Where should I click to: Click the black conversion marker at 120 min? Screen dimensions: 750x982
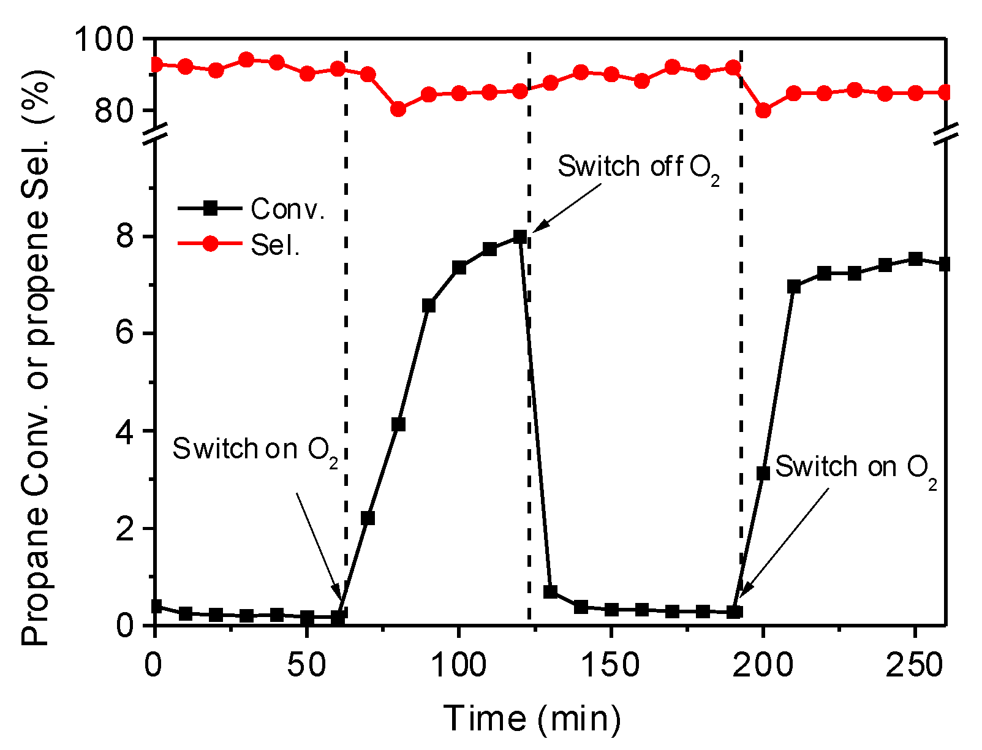click(520, 237)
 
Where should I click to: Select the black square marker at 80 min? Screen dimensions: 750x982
click(398, 425)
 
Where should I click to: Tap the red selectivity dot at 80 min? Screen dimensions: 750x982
click(398, 109)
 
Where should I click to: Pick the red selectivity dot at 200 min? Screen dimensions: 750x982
click(763, 111)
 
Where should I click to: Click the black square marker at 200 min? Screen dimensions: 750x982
click(763, 473)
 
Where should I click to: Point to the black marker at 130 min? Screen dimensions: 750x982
click(550, 592)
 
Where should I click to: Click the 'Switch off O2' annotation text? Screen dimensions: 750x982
click(638, 167)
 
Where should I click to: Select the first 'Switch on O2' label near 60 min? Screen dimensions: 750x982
click(254, 450)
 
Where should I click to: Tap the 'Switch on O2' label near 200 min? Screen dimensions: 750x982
click(855, 468)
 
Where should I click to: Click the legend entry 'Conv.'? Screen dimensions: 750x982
click(287, 210)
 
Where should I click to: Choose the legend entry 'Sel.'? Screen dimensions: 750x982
click(275, 245)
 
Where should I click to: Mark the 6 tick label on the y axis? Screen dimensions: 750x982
click(125, 334)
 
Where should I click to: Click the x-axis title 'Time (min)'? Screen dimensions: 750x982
click(532, 718)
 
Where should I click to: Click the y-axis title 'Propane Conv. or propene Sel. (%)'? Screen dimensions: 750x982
click(36, 355)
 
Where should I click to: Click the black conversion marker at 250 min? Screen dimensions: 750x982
click(915, 259)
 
